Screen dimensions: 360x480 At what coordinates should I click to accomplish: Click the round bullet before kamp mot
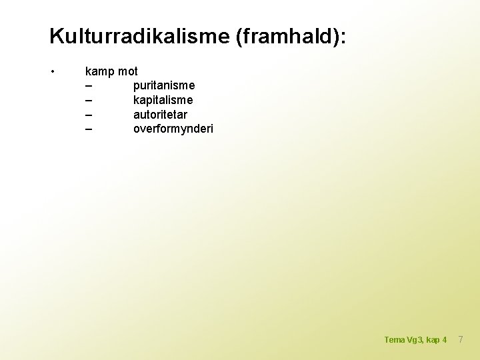pyautogui.click(x=52, y=71)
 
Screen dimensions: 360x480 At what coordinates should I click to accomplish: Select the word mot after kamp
pyautogui.click(x=127, y=71)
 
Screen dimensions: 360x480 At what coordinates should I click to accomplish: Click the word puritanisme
pyautogui.click(x=164, y=85)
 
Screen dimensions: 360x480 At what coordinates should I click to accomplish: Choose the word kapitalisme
pyautogui.click(x=163, y=100)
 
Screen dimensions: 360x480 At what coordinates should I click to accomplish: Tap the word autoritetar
pyautogui.click(x=160, y=114)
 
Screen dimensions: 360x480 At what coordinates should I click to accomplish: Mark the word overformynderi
pyautogui.click(x=173, y=129)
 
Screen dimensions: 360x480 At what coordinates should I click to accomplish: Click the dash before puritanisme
pyautogui.click(x=89, y=86)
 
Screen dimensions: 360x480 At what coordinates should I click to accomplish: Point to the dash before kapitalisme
pyautogui.click(x=89, y=100)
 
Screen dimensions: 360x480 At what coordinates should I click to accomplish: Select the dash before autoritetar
pyautogui.click(x=89, y=115)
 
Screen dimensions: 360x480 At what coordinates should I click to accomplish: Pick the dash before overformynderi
pyautogui.click(x=89, y=129)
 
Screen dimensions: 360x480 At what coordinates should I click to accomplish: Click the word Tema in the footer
pyautogui.click(x=394, y=340)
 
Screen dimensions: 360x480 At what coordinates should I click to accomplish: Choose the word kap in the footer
pyautogui.click(x=433, y=341)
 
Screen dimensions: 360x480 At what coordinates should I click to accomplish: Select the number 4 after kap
pyautogui.click(x=445, y=340)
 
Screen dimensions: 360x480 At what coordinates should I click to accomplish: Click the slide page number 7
pyautogui.click(x=459, y=340)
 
